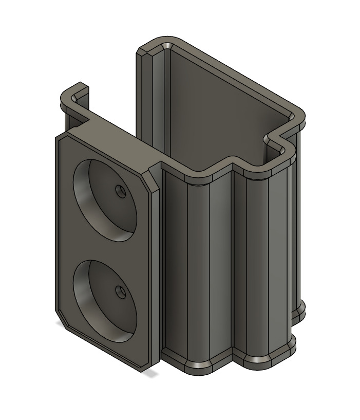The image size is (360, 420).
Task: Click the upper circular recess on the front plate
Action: [x=105, y=200]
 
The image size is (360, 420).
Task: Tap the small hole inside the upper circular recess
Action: [x=121, y=192]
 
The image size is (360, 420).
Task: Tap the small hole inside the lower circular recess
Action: [x=121, y=292]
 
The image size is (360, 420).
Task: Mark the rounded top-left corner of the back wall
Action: [x=154, y=45]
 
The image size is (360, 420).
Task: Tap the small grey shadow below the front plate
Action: [x=150, y=374]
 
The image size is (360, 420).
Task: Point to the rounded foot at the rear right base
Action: [x=299, y=311]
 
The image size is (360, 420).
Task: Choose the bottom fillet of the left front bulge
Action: [x=198, y=366]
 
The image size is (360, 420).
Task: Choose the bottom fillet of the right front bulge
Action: [x=267, y=359]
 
